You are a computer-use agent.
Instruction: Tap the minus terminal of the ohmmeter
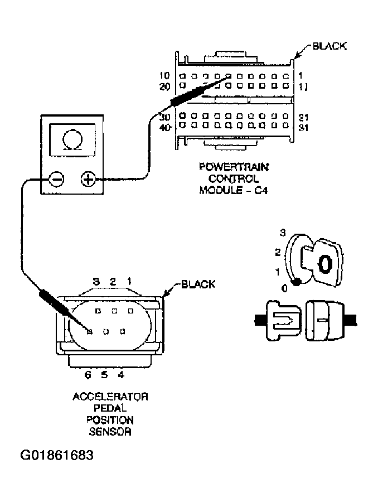(56, 179)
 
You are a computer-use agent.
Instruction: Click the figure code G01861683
(57, 455)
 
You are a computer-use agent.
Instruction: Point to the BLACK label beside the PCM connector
(329, 46)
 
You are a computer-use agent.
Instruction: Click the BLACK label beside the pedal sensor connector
(197, 284)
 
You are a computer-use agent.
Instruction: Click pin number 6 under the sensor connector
(88, 374)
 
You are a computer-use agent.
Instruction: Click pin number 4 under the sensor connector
(121, 374)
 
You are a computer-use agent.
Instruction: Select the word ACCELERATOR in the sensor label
(110, 397)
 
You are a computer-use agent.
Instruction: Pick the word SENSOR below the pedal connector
(110, 431)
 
